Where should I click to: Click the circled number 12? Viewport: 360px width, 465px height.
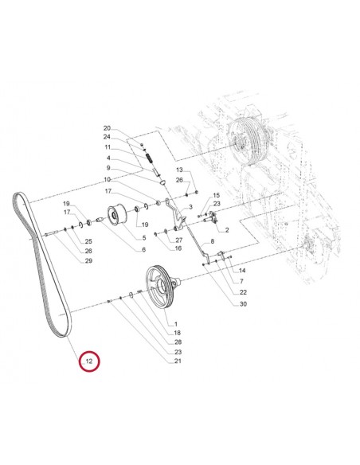[x=90, y=361]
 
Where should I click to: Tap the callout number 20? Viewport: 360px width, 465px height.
[x=129, y=128]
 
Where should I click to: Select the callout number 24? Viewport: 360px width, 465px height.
[x=129, y=138]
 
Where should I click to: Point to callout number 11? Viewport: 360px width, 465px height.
[x=129, y=147]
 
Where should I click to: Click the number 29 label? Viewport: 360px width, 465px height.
[x=88, y=261]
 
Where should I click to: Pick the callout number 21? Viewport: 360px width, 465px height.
[x=178, y=361]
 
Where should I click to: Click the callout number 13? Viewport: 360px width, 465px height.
[x=179, y=170]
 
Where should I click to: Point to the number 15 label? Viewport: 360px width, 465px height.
[x=216, y=195]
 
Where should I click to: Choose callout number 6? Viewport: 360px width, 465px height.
[x=143, y=250]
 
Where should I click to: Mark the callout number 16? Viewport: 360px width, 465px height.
[x=178, y=248]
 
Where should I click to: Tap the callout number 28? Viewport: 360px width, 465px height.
[x=178, y=342]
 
